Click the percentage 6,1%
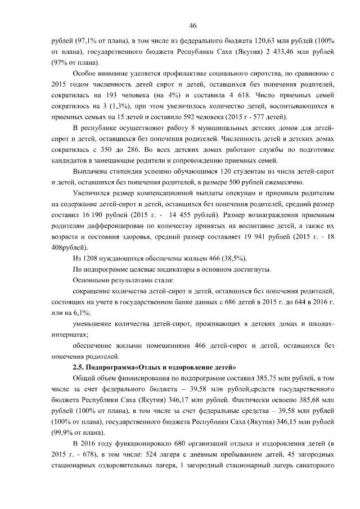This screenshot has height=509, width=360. pos(83,313)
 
